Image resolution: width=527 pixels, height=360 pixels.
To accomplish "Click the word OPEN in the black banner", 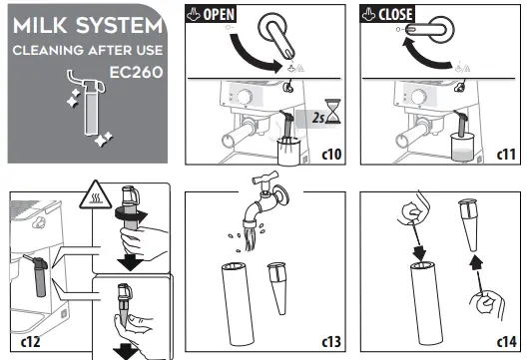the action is pyautogui.click(x=219, y=14).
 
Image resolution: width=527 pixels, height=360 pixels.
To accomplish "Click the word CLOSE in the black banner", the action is pyautogui.click(x=395, y=14).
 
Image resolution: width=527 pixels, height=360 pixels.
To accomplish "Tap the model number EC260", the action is pyautogui.click(x=136, y=72).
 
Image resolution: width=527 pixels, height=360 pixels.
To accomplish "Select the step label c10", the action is pyautogui.click(x=331, y=155).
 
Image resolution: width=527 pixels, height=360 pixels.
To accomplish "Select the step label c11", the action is pyautogui.click(x=506, y=155).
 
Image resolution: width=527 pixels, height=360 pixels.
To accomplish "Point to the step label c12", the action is pyautogui.click(x=30, y=341).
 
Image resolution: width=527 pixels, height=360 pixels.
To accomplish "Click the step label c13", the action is pyautogui.click(x=331, y=341).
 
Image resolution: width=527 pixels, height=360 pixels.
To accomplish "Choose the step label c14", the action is pyautogui.click(x=506, y=341).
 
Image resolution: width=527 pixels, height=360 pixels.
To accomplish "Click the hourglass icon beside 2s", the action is pyautogui.click(x=332, y=111).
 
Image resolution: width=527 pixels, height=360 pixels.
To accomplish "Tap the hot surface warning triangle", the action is pyautogui.click(x=96, y=195).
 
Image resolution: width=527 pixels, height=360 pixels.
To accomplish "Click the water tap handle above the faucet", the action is pyautogui.click(x=264, y=178).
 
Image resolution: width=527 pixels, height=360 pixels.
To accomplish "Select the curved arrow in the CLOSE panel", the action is pyautogui.click(x=424, y=57).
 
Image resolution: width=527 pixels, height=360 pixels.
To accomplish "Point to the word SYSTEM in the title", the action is pyautogui.click(x=120, y=26).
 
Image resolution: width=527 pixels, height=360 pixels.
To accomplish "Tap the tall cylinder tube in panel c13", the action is pyautogui.click(x=238, y=304).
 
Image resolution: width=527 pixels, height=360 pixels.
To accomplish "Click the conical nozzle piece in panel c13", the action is pyautogui.click(x=278, y=288).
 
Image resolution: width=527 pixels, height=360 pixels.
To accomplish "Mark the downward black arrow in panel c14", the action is pyautogui.click(x=419, y=253).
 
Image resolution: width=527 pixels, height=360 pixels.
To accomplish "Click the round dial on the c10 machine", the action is pyautogui.click(x=245, y=97).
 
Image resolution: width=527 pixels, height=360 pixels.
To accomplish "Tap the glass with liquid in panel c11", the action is pyautogui.click(x=463, y=147).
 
